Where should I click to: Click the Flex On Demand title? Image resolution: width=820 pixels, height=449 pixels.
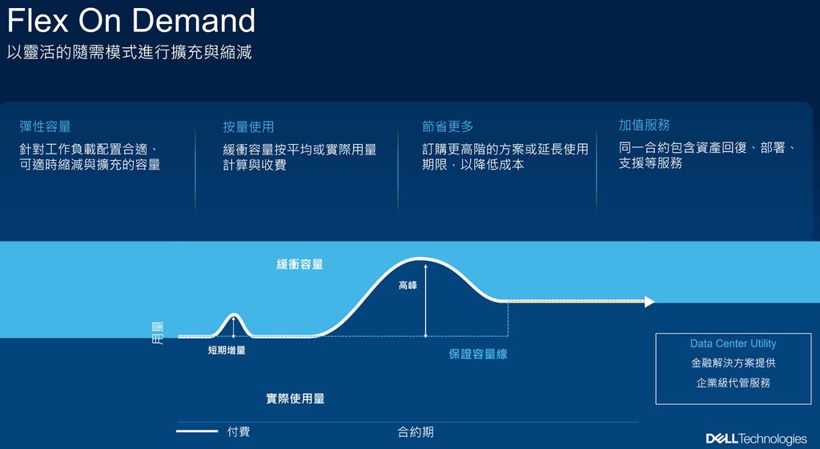pos(131,21)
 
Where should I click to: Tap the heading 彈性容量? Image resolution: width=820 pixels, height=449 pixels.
pos(45,126)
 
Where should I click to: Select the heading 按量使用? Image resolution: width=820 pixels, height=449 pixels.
pos(248,127)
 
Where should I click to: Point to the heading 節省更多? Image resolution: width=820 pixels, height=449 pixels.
pos(448,126)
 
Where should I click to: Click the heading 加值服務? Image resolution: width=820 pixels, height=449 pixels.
pos(645,125)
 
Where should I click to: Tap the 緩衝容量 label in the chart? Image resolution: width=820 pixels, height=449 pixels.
pos(299,264)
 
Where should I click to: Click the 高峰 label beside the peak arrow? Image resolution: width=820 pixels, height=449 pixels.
pos(408,286)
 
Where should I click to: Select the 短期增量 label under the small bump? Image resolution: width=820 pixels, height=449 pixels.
pos(227,351)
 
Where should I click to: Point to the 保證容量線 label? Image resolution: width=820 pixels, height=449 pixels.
pos(478,354)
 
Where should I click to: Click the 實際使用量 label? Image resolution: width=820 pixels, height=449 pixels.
pos(295,399)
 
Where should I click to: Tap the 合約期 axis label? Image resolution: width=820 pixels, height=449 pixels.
pos(416,432)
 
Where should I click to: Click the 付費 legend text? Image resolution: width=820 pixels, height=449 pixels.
pos(239,431)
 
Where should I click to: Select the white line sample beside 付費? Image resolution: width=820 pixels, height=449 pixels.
pos(197,431)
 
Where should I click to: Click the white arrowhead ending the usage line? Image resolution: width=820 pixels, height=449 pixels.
pos(649,302)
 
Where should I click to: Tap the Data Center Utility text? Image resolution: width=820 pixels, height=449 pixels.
pos(734,343)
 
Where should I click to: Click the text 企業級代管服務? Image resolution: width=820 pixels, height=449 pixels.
pos(734,383)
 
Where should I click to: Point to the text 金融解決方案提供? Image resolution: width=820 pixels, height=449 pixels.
pos(734,363)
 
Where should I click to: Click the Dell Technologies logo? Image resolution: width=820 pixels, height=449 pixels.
pos(756,438)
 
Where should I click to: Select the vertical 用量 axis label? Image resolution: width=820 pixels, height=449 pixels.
pos(158,333)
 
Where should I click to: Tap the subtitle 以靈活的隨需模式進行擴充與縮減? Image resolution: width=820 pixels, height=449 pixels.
pos(129,52)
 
